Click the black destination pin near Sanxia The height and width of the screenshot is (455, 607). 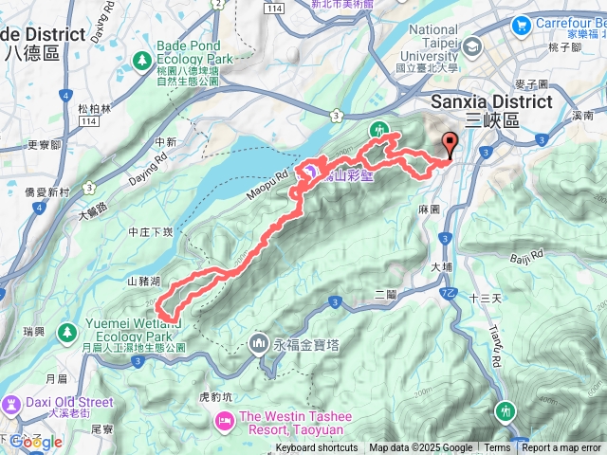pos(450,145)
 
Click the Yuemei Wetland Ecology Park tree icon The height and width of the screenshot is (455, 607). pos(67,332)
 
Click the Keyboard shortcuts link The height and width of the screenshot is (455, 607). pos(317,448)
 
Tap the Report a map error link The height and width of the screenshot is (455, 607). pos(561,448)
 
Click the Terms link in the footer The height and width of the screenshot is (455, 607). pos(497,448)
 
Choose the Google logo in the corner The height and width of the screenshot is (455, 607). pos(36,442)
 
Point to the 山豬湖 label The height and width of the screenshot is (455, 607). pos(143,282)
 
